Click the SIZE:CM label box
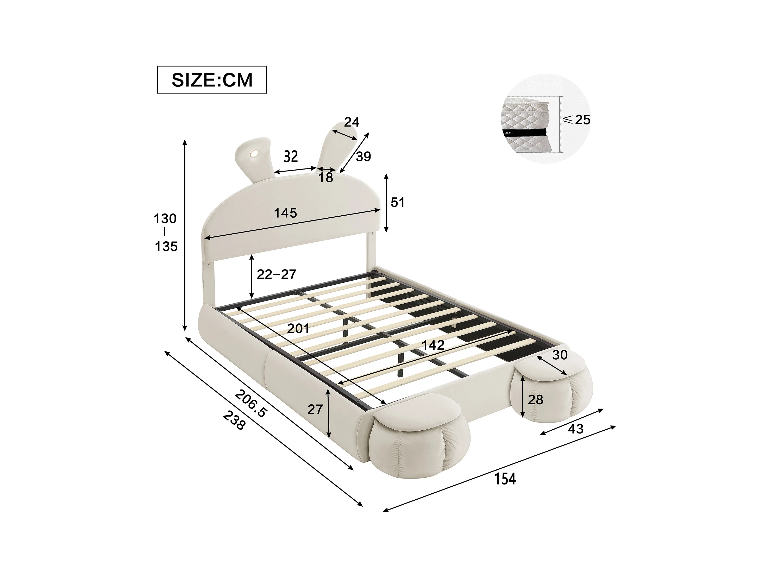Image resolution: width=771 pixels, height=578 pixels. click(x=212, y=80)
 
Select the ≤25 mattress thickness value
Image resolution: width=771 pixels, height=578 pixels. click(x=577, y=120)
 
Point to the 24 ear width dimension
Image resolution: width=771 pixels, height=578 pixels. click(x=352, y=122)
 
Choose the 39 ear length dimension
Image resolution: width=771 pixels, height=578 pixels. click(x=363, y=156)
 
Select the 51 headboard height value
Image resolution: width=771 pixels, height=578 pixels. click(x=398, y=203)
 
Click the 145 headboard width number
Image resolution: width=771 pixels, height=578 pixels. click(x=285, y=213)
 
